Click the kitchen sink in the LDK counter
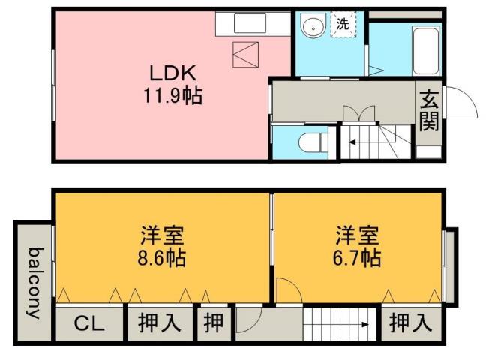249,24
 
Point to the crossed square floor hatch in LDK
247,55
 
